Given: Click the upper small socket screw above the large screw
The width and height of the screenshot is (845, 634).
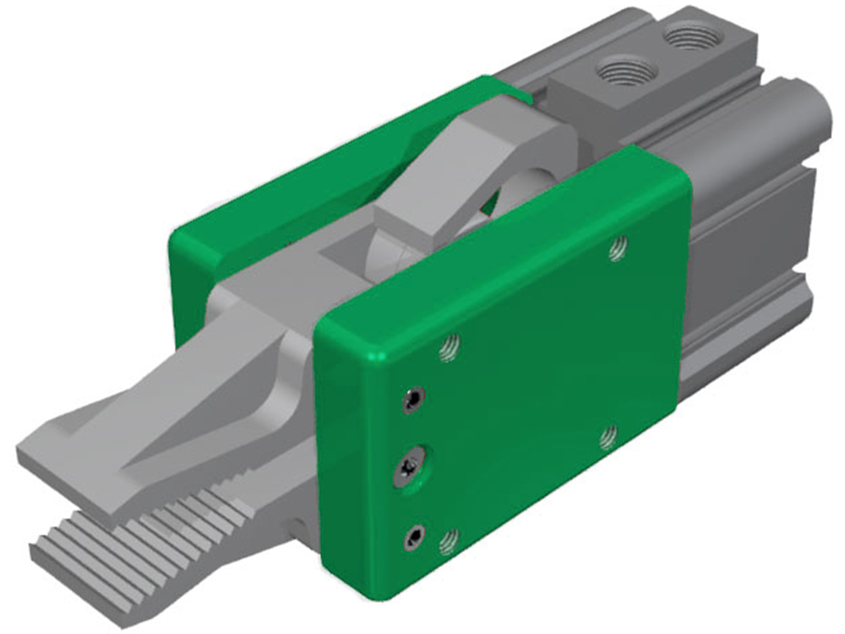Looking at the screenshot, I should point(411,399).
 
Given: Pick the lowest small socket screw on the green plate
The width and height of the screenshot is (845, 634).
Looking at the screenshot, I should point(413,536).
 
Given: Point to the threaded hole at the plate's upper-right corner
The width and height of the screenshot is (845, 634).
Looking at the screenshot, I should point(617,248).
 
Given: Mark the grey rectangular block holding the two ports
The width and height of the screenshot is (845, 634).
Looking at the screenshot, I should point(643,72).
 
